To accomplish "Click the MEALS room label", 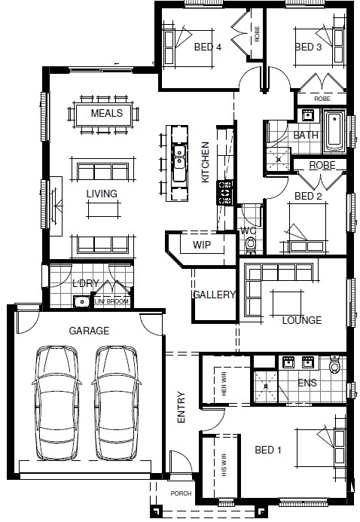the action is (107, 113).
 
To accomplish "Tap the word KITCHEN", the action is (206, 163).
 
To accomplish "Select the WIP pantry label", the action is (202, 245).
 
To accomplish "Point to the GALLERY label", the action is (215, 295).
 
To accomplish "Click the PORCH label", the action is (181, 493).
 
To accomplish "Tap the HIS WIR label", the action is (224, 465).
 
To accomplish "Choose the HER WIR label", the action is (224, 384).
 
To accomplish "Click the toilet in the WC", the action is (251, 244).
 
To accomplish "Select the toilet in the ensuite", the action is (334, 365).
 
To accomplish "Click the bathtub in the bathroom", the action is (334, 132).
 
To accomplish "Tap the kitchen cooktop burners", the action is (224, 192).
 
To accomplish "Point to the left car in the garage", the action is (56, 402).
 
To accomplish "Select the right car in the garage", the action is (117, 402).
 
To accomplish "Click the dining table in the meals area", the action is (103, 114).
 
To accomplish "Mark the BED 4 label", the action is (208, 47).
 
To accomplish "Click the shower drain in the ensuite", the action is (266, 386).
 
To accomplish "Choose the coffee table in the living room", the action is (103, 209).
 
